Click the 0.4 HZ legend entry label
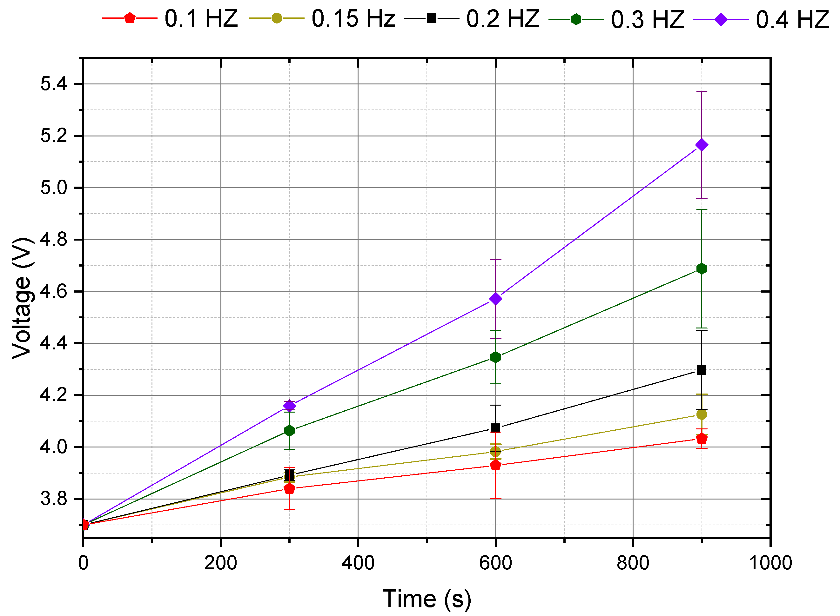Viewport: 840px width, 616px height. click(792, 19)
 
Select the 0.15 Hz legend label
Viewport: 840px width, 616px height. click(353, 19)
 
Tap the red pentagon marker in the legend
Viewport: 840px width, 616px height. click(130, 18)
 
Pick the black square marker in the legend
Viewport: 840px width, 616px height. click(431, 18)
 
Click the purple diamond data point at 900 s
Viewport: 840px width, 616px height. click(702, 145)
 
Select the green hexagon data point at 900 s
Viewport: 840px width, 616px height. click(702, 269)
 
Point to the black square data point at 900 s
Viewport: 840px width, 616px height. click(702, 370)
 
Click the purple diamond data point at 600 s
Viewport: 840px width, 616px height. click(495, 299)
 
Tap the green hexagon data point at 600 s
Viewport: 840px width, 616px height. click(495, 357)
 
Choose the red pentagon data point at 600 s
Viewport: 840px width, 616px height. click(495, 465)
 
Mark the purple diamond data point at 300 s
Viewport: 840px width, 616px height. click(289, 406)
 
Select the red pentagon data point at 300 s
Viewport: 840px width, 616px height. click(289, 488)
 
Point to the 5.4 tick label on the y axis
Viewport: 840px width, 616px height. click(54, 84)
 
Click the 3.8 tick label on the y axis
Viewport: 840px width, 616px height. click(54, 499)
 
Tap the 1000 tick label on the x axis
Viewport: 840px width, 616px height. click(770, 563)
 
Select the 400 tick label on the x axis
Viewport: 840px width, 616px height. click(358, 563)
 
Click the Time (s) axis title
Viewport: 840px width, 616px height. click(427, 599)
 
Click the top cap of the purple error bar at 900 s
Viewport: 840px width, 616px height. click(702, 91)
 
